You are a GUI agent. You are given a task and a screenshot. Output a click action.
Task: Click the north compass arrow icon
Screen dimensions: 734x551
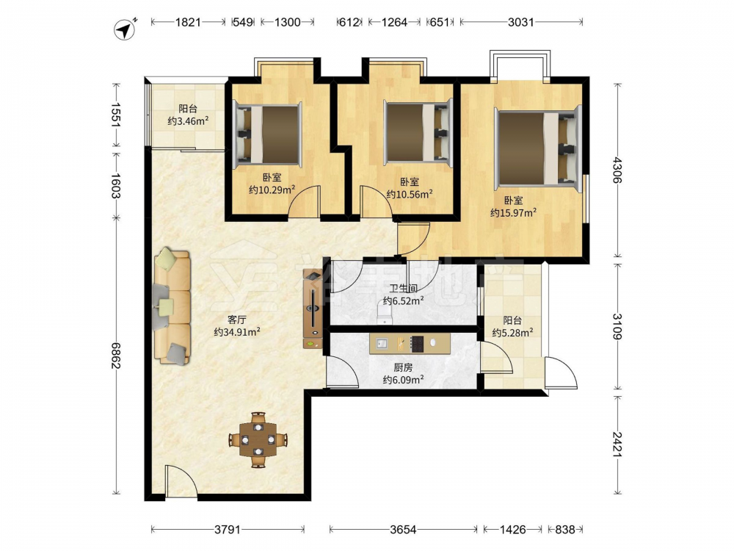[125, 29]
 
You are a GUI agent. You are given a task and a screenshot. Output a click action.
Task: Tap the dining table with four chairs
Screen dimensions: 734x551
[258, 439]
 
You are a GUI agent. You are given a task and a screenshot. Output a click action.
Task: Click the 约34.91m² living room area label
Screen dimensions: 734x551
[237, 332]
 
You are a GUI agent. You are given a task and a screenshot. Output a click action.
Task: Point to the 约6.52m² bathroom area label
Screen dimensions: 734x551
[404, 300]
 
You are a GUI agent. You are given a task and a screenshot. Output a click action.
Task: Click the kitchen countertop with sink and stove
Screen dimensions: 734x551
[410, 343]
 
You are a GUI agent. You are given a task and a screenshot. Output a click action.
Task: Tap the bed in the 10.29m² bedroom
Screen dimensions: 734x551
[267, 134]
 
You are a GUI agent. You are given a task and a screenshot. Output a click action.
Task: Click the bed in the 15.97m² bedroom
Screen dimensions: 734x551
[538, 145]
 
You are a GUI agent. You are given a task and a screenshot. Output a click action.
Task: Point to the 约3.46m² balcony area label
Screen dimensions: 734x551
[188, 121]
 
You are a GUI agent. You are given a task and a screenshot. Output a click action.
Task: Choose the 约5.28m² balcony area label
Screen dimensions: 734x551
[512, 333]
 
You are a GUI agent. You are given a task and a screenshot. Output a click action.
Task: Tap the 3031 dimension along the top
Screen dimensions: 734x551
[521, 22]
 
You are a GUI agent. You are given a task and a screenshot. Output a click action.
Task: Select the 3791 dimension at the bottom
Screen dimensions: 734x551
[228, 530]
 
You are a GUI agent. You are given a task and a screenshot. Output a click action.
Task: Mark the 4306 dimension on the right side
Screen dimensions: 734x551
[617, 170]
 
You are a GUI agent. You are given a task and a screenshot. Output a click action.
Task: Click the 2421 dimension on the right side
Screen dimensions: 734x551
[617, 444]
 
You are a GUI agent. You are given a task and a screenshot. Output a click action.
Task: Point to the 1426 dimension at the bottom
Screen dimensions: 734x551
[512, 530]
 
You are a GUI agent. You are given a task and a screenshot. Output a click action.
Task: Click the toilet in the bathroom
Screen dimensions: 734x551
[385, 313]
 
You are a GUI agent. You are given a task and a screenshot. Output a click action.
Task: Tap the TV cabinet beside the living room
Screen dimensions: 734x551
[313, 309]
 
